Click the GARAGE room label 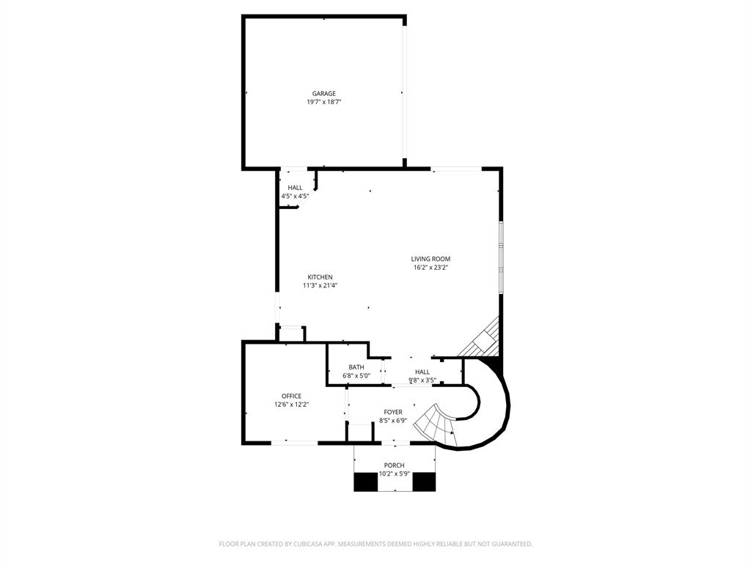tap(323, 94)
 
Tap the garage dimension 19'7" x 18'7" tap(323, 103)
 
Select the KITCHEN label tap(320, 277)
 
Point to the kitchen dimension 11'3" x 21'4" tap(320, 286)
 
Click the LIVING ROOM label tap(431, 259)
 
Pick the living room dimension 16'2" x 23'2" tap(431, 268)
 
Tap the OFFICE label tap(291, 396)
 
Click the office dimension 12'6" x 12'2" tap(291, 405)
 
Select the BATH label tap(356, 367)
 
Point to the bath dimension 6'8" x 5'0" tap(356, 376)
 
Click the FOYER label tap(393, 412)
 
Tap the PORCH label tap(394, 466)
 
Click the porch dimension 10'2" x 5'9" tap(394, 474)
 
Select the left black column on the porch tap(365, 482)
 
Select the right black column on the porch tap(424, 482)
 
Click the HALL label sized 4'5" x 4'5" tap(295, 188)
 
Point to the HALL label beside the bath tap(422, 372)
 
